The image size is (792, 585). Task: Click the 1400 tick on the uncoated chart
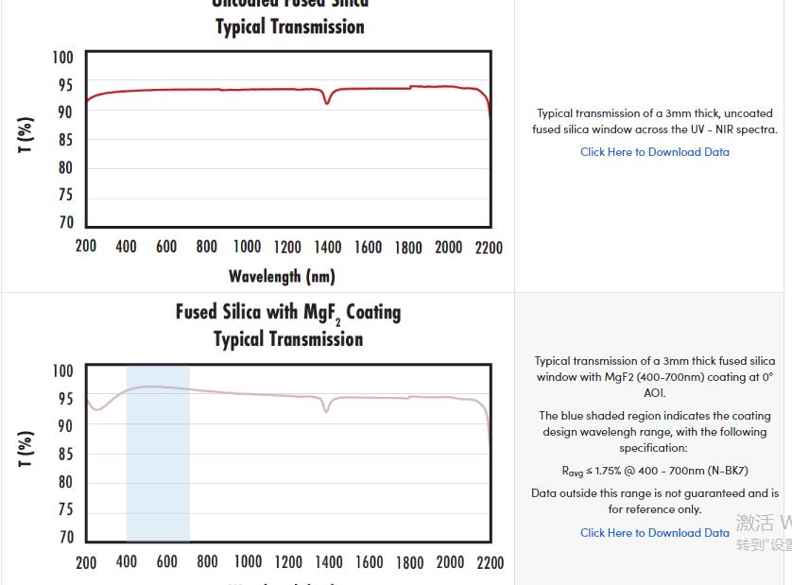pos(328,248)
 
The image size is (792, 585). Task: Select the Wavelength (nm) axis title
pos(282,276)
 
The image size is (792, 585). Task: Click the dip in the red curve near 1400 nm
pos(327,101)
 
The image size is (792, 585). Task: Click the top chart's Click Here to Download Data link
pos(654,151)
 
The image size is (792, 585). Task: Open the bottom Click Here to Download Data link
pos(654,532)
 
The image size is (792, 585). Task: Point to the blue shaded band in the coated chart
pos(158,454)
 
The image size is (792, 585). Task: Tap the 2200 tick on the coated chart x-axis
pos(490,562)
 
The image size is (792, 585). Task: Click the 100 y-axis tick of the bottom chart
pos(62,370)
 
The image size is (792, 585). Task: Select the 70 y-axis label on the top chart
pos(64,223)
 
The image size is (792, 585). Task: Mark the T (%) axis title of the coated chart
pos(26,449)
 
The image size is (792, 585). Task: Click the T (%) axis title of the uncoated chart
pos(26,135)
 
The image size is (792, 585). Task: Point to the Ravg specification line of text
pos(654,471)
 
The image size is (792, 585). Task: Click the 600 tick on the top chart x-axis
pos(166,248)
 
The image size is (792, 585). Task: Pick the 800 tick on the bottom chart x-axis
pos(207,562)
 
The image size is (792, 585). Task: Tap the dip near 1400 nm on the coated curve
pos(327,410)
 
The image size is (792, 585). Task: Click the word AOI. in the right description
pos(654,392)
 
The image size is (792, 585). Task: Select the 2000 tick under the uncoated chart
pos(449,248)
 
